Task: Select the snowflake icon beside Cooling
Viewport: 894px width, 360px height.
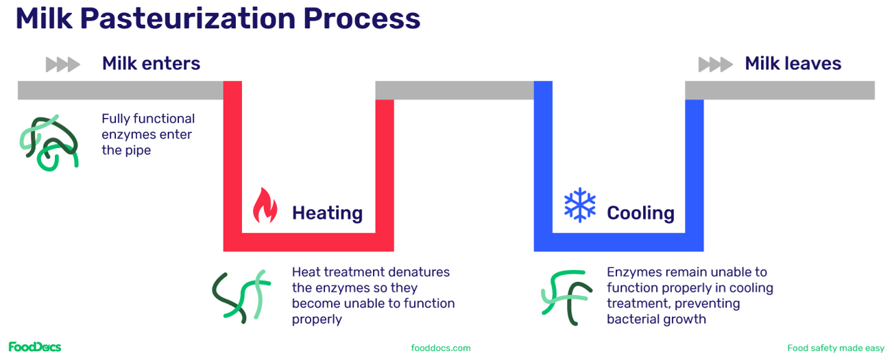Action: click(580, 204)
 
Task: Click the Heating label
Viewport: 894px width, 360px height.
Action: click(327, 213)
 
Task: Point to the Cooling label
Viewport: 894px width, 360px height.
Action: click(640, 213)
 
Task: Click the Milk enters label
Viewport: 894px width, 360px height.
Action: click(151, 64)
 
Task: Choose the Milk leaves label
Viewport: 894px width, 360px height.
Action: click(793, 64)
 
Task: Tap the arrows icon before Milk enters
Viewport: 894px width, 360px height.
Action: click(62, 65)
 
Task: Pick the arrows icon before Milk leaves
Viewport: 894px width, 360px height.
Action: click(715, 65)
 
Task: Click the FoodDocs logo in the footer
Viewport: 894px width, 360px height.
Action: click(34, 347)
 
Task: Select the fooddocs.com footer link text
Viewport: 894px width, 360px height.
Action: click(441, 348)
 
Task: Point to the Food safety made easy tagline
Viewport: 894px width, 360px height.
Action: click(835, 348)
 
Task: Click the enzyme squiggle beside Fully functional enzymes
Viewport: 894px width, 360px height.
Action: click(48, 143)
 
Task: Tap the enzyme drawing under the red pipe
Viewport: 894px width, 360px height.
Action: click(238, 297)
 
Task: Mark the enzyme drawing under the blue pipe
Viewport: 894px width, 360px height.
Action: click(566, 296)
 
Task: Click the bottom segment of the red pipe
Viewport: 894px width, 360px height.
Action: click(309, 242)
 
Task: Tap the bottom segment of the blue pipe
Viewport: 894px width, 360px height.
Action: click(618, 242)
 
